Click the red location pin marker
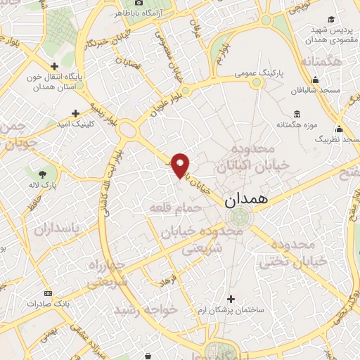[181, 165]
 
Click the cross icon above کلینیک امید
[76, 112]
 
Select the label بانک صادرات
[47, 304]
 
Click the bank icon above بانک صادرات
[47, 293]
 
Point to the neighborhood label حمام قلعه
[176, 207]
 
